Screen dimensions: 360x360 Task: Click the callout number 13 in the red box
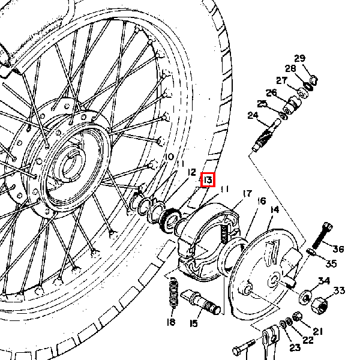click(208, 180)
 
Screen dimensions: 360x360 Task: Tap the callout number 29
click(299, 59)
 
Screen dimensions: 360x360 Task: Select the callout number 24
click(253, 115)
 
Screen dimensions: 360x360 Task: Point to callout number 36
click(338, 249)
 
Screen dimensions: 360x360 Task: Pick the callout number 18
click(171, 322)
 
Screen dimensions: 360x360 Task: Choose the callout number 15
click(194, 323)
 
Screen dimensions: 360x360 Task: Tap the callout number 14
click(275, 209)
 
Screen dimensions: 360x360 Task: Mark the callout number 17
click(247, 194)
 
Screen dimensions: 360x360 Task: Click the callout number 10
click(169, 157)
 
